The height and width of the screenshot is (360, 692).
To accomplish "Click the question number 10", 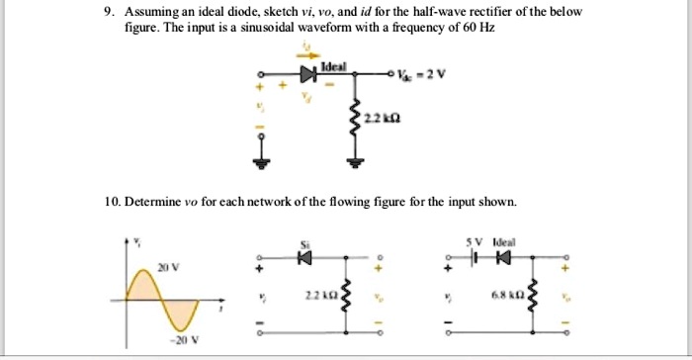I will [x=112, y=203].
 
